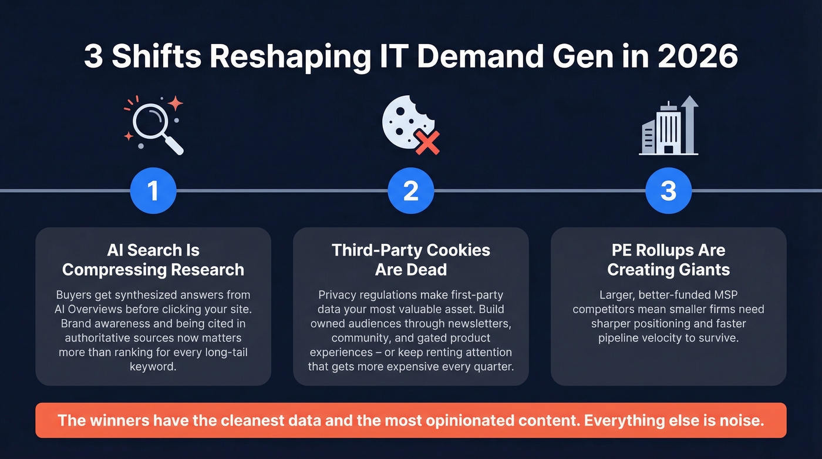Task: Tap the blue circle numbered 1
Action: coord(153,191)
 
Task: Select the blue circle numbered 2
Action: coord(410,191)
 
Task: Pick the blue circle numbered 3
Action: coord(668,191)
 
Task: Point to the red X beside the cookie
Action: coord(427,142)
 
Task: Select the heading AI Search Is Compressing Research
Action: coord(153,260)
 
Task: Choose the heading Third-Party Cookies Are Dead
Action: coord(410,260)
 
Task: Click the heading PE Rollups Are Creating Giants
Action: coord(668,260)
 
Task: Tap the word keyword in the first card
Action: coord(153,367)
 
